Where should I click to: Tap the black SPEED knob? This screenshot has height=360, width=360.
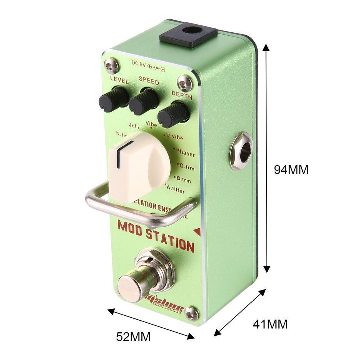144,101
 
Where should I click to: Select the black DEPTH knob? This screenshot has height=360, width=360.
174,114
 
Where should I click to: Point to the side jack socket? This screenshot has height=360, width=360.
241,151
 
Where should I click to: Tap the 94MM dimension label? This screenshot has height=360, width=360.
291,170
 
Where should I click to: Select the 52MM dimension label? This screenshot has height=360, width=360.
133,337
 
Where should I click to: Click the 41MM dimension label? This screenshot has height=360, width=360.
270,324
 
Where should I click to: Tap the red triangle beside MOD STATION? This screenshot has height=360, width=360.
197,231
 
